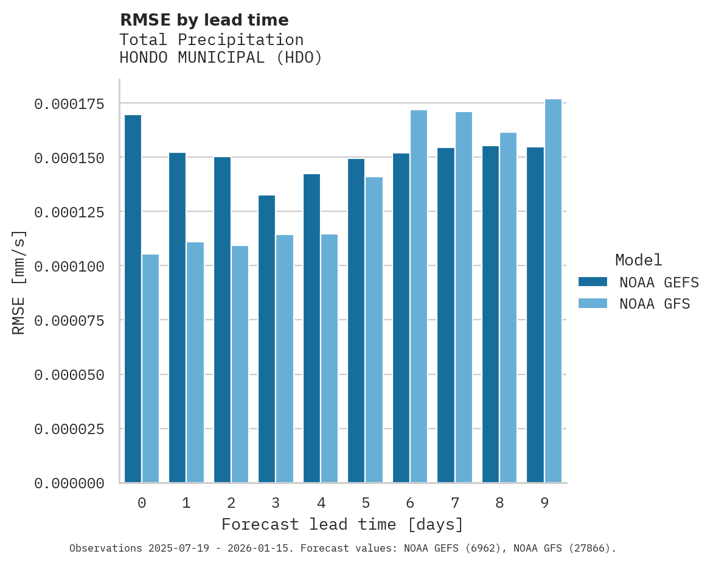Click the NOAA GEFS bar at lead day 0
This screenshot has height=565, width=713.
[x=133, y=298]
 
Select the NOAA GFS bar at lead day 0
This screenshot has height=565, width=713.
[x=151, y=368]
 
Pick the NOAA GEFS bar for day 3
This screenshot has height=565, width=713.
[x=266, y=339]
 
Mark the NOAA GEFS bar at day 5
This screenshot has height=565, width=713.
[x=356, y=320]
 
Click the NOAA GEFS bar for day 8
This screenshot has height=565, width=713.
[x=490, y=314]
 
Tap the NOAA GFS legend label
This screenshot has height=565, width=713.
[x=655, y=304]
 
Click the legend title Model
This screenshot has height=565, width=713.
[x=638, y=260]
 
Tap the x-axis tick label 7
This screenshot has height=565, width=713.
[x=454, y=503]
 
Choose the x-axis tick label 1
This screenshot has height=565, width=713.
[x=186, y=503]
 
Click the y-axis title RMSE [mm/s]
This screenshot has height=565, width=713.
[x=19, y=282]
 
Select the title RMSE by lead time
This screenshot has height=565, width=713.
[x=204, y=20]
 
